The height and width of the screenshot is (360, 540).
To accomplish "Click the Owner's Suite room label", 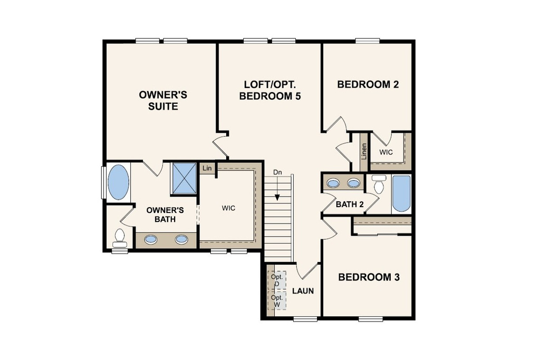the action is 163,101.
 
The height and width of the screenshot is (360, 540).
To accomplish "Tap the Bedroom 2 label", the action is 368,85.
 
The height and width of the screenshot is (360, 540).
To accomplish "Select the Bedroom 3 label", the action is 369,277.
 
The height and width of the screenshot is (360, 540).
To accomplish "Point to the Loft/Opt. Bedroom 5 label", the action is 270,91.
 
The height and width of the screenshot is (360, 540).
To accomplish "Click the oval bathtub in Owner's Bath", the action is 119,182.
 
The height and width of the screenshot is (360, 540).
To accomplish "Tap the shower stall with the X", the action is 184,178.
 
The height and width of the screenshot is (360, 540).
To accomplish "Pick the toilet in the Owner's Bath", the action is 120,238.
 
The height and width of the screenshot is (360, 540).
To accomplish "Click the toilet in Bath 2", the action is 379,184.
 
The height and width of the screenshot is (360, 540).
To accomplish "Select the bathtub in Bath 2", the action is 401,193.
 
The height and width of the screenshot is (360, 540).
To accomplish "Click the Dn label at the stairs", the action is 277,172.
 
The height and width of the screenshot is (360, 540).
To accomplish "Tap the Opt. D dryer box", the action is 277,279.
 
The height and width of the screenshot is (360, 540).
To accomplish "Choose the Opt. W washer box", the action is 277,301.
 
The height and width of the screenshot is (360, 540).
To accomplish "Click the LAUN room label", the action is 303,291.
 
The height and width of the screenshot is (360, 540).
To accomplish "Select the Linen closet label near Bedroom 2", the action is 364,151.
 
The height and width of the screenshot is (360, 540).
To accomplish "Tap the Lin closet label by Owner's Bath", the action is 207,168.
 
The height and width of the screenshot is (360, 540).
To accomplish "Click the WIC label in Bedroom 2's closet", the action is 385,152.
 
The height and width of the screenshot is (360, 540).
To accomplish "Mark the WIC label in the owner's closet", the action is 228,208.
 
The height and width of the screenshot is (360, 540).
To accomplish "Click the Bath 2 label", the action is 350,205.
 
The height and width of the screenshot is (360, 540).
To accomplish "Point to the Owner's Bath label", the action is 165,215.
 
